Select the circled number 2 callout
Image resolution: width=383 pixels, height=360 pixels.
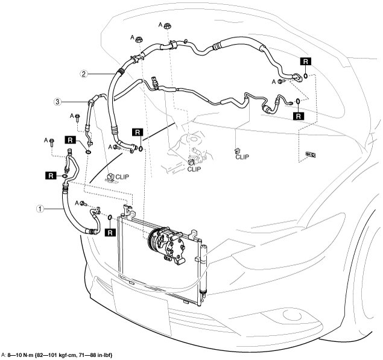tap(84, 74)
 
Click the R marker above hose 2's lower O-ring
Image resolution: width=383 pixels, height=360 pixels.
tap(137, 132)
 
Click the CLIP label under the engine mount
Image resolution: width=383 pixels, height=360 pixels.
tap(193, 170)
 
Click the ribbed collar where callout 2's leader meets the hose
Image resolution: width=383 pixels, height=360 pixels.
tap(122, 71)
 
